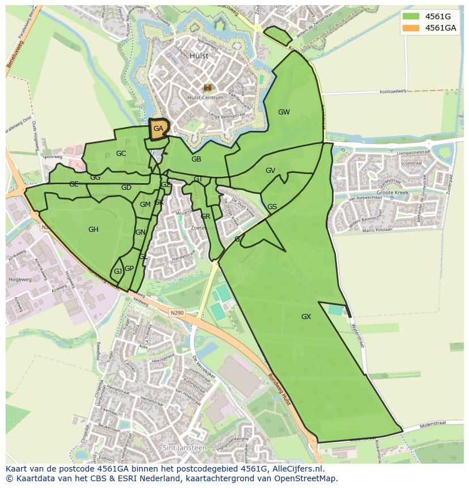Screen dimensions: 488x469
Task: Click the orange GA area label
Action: pos(158,129)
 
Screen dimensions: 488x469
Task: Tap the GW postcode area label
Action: pos(284,112)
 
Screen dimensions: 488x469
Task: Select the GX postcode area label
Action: pos(306,316)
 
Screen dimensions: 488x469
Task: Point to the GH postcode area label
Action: pos(93,229)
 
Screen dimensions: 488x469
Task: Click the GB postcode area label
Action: pos(196,159)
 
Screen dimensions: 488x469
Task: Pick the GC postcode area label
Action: pos(121,153)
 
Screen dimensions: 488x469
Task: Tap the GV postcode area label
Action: pos(270,171)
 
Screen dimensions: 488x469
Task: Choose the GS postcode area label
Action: pos(272,207)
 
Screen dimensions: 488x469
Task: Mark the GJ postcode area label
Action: pos(118,271)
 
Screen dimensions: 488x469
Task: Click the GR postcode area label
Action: pos(205,217)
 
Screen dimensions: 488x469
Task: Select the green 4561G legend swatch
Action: pos(411,16)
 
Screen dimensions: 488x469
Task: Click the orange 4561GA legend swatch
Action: pos(411,28)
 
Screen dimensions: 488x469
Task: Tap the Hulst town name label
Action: pos(199,56)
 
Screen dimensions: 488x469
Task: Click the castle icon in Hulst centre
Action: pos(207,87)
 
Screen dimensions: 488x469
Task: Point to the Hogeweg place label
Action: pos(20,279)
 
